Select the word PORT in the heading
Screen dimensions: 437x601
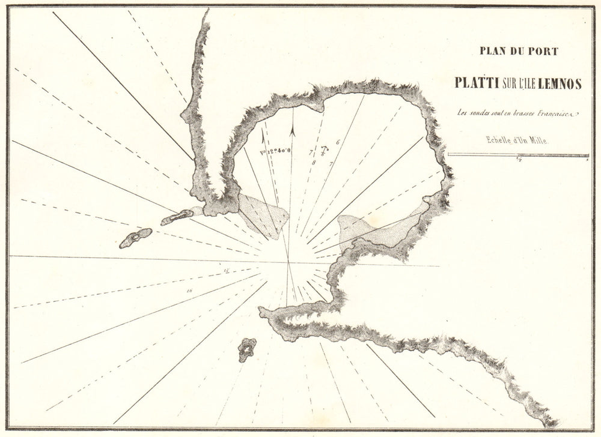(x=544, y=51)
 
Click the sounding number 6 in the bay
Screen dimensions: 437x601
(x=338, y=142)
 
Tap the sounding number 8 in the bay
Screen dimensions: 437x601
(x=314, y=162)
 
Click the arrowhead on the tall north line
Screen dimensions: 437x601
(x=292, y=127)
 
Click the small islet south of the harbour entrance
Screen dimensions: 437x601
(x=247, y=349)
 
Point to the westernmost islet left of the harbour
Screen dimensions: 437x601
(x=135, y=238)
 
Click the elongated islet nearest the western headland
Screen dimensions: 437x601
(x=177, y=217)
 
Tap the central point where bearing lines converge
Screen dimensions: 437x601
(x=289, y=262)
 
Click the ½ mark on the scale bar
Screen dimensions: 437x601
(x=518, y=158)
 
